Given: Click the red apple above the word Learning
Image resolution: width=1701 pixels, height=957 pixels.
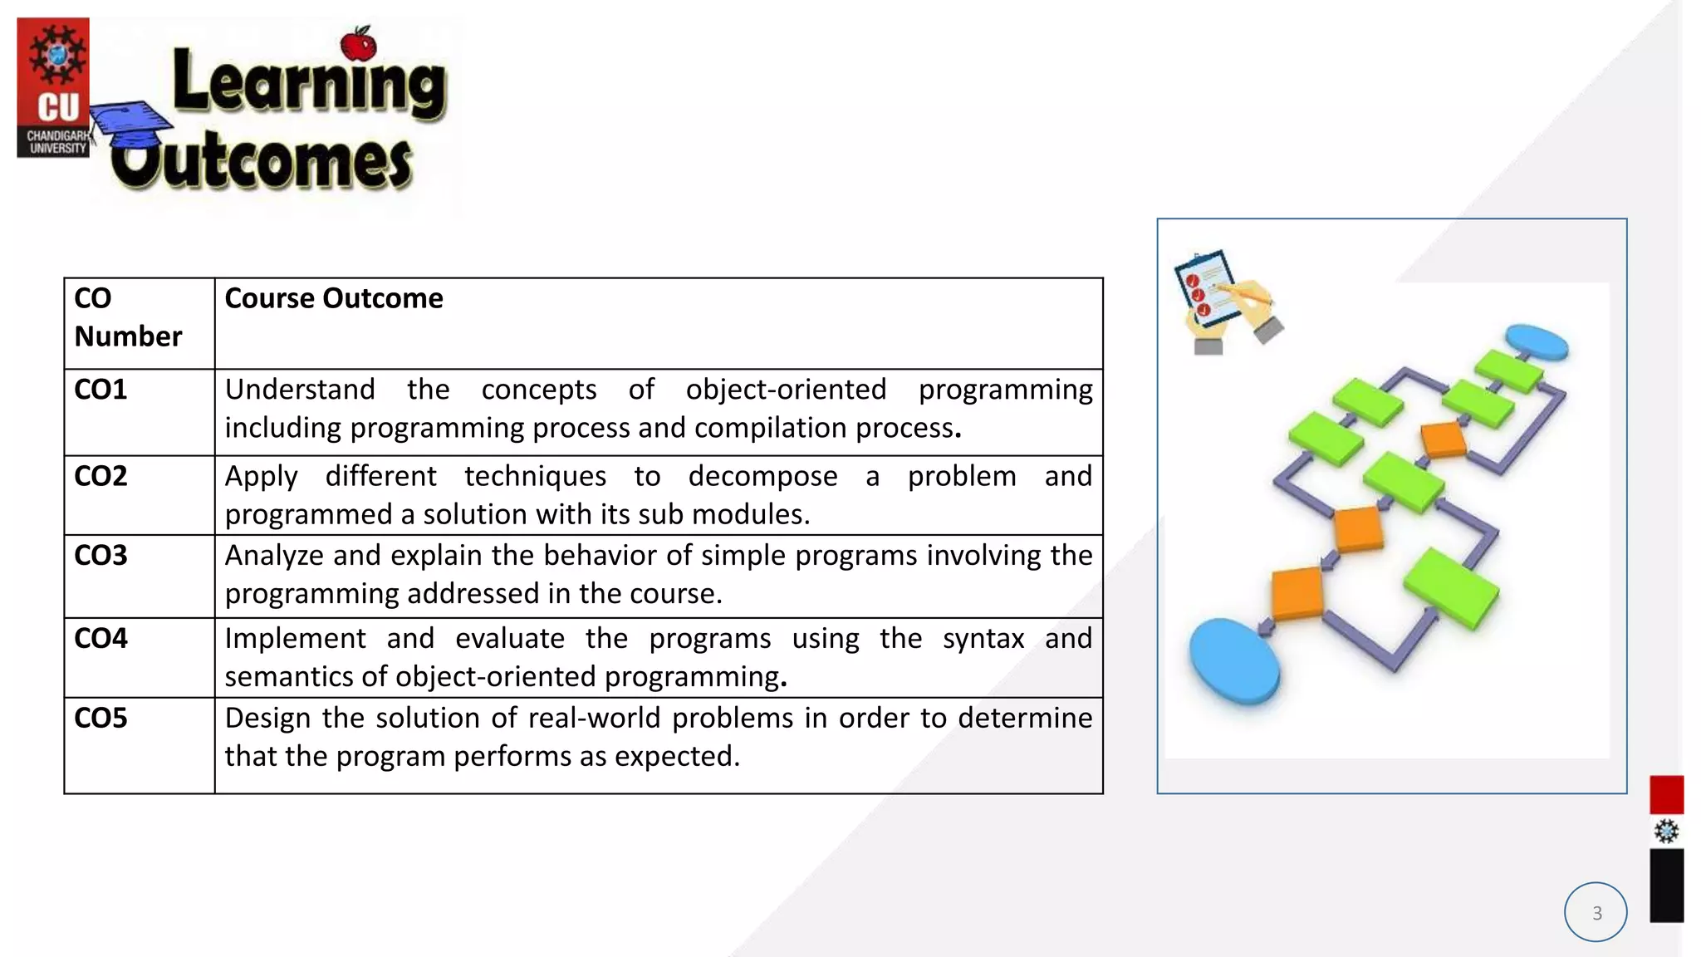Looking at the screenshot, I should click(359, 45).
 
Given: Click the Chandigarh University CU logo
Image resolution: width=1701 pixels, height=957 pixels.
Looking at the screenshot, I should click(53, 88).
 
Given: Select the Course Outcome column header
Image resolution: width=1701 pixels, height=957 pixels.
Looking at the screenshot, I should click(334, 298).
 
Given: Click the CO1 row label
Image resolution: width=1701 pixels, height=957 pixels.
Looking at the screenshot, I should click(100, 390).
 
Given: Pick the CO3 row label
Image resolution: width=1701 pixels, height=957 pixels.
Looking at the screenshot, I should click(100, 555).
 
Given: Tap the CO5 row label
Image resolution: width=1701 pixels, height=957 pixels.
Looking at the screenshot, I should click(100, 718).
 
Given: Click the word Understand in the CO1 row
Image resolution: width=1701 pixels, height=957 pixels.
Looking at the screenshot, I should click(300, 390).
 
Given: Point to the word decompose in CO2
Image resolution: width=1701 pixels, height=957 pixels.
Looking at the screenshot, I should click(762, 476).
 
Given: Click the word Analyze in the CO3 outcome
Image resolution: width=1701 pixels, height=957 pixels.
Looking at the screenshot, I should click(273, 555).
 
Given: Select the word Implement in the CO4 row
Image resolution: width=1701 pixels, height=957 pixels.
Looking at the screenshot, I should click(295, 638).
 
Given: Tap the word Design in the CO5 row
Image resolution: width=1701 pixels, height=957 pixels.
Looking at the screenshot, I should click(268, 718).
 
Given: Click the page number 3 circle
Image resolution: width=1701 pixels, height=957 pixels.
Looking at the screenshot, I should click(1596, 912).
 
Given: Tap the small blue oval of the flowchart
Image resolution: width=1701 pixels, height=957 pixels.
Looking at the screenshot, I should click(1537, 341).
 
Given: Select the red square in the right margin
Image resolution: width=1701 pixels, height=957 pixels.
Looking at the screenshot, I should click(1666, 794).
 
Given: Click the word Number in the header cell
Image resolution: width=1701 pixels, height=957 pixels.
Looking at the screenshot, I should click(128, 336).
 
